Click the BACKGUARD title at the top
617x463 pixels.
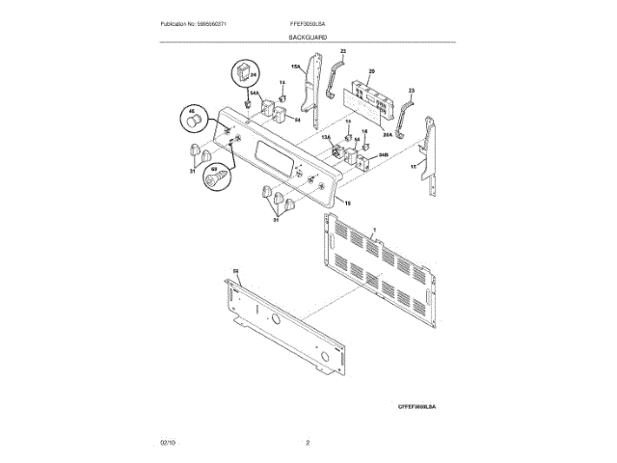click(308, 37)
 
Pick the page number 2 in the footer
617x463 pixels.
click(308, 443)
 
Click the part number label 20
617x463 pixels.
click(372, 70)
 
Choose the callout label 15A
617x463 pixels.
click(296, 67)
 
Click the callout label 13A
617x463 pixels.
click(325, 139)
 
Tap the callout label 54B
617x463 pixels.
click(383, 154)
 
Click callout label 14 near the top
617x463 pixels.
click(282, 84)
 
